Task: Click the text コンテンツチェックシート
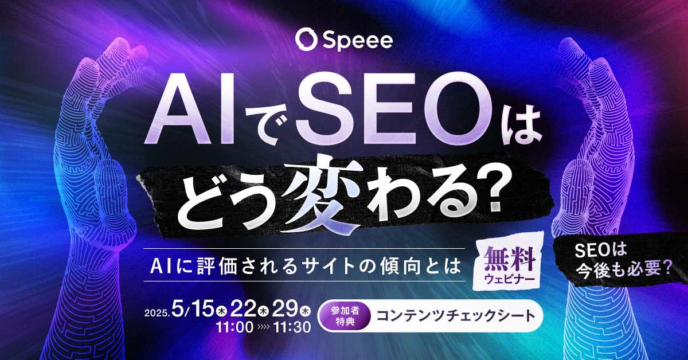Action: click(451, 315)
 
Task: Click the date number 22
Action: click(244, 310)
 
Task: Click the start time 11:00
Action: click(234, 328)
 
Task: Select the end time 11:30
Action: click(292, 328)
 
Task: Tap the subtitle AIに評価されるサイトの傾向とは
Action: click(305, 265)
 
